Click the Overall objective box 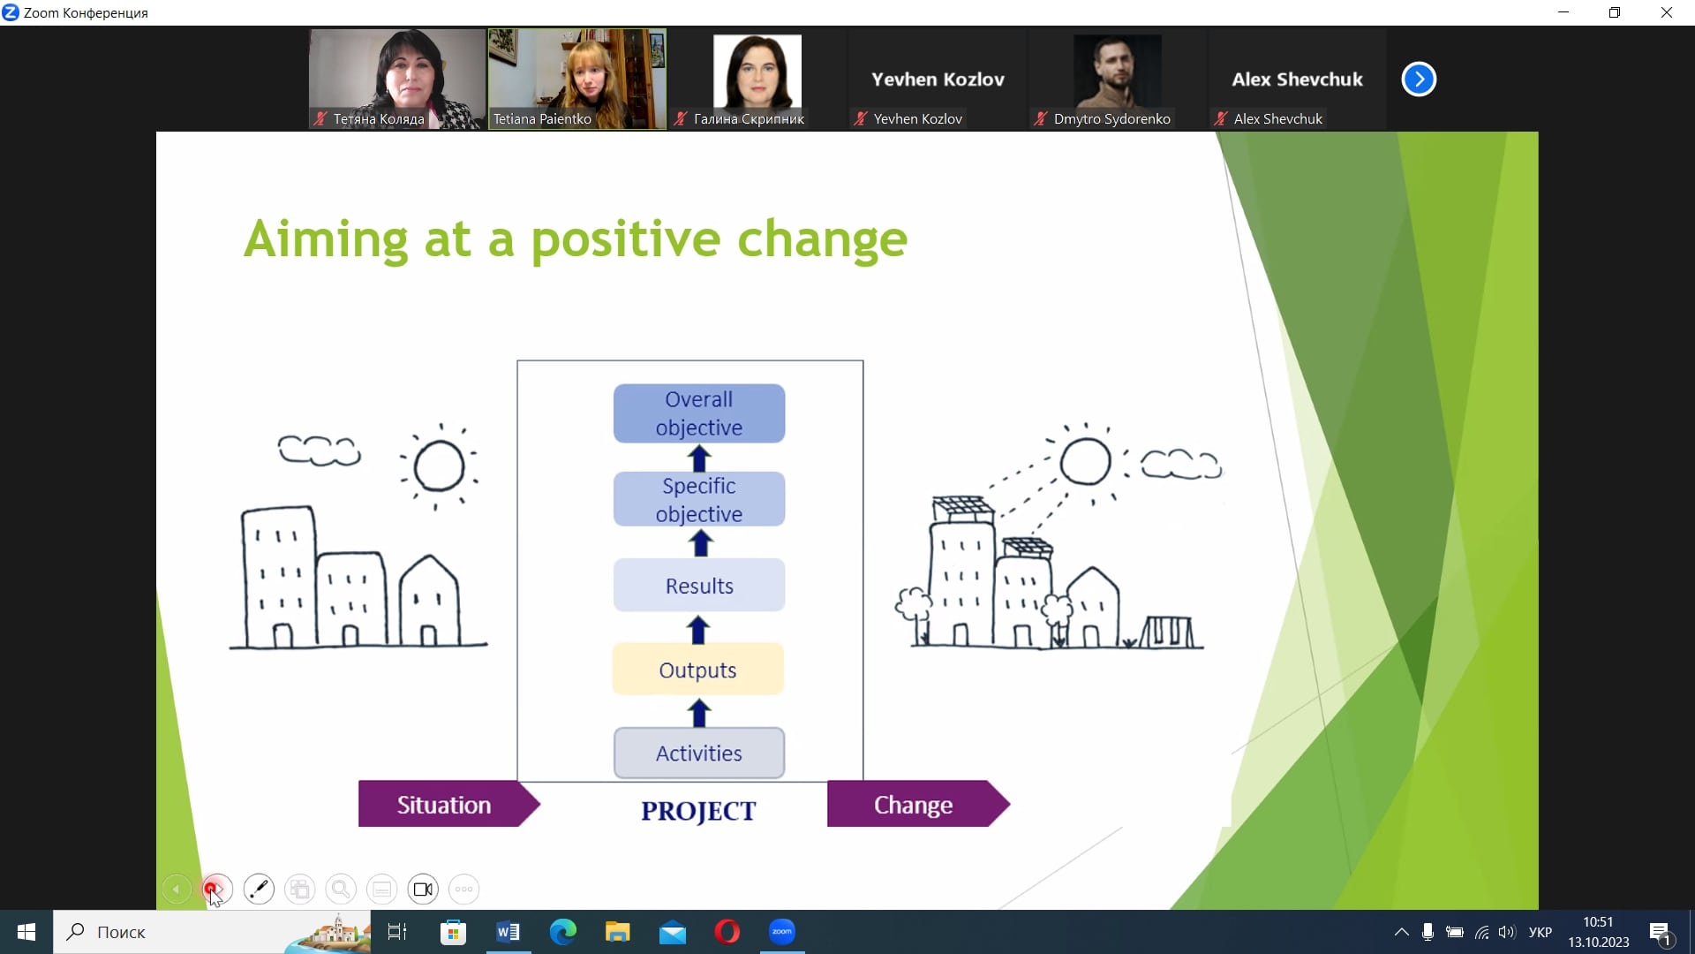699,413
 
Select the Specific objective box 699,499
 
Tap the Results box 699,586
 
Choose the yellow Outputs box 697,670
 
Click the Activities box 699,753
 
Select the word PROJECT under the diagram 698,811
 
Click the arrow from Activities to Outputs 699,713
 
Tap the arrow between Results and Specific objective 701,542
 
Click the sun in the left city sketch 439,466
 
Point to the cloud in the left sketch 320,450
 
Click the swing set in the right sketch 1167,632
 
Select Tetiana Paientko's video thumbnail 577,79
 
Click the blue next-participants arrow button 1419,79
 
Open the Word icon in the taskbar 508,932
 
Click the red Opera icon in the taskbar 727,932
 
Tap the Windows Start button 26,932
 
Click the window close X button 1667,12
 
